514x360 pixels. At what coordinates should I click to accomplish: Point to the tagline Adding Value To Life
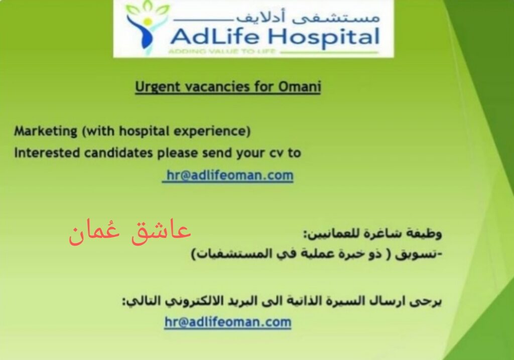pos(221,51)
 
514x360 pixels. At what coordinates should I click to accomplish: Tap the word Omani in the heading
pos(299,86)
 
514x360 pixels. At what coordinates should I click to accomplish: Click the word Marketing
pos(46,131)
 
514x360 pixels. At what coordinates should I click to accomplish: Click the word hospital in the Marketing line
pos(144,132)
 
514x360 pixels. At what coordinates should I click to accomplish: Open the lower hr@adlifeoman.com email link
pos(228,322)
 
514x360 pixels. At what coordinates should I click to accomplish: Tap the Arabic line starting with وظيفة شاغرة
pos(372,233)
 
